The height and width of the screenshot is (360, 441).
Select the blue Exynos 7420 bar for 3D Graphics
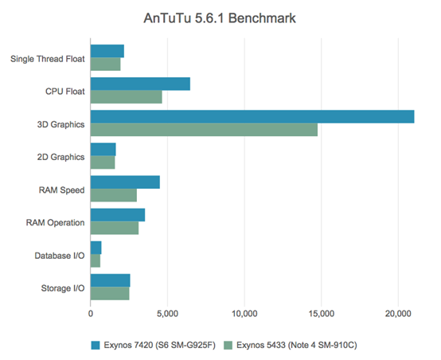point(252,116)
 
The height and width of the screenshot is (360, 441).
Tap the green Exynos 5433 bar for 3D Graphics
point(204,130)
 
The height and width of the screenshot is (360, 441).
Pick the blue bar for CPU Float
point(140,84)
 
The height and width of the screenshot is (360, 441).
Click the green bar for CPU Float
point(126,97)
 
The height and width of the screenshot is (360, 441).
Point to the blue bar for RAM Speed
point(125,182)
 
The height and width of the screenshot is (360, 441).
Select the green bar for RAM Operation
point(114,229)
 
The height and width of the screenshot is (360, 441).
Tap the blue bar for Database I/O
point(96,248)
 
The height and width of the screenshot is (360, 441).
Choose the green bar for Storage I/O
point(110,294)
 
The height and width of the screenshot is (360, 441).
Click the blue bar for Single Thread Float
point(107,51)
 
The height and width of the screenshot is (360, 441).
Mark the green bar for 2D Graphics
point(102,162)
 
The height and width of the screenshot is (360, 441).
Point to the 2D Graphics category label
point(61,157)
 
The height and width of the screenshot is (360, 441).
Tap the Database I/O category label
point(56,255)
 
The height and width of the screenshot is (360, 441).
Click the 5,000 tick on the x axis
point(167,315)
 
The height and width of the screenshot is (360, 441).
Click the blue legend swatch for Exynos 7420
point(95,345)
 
